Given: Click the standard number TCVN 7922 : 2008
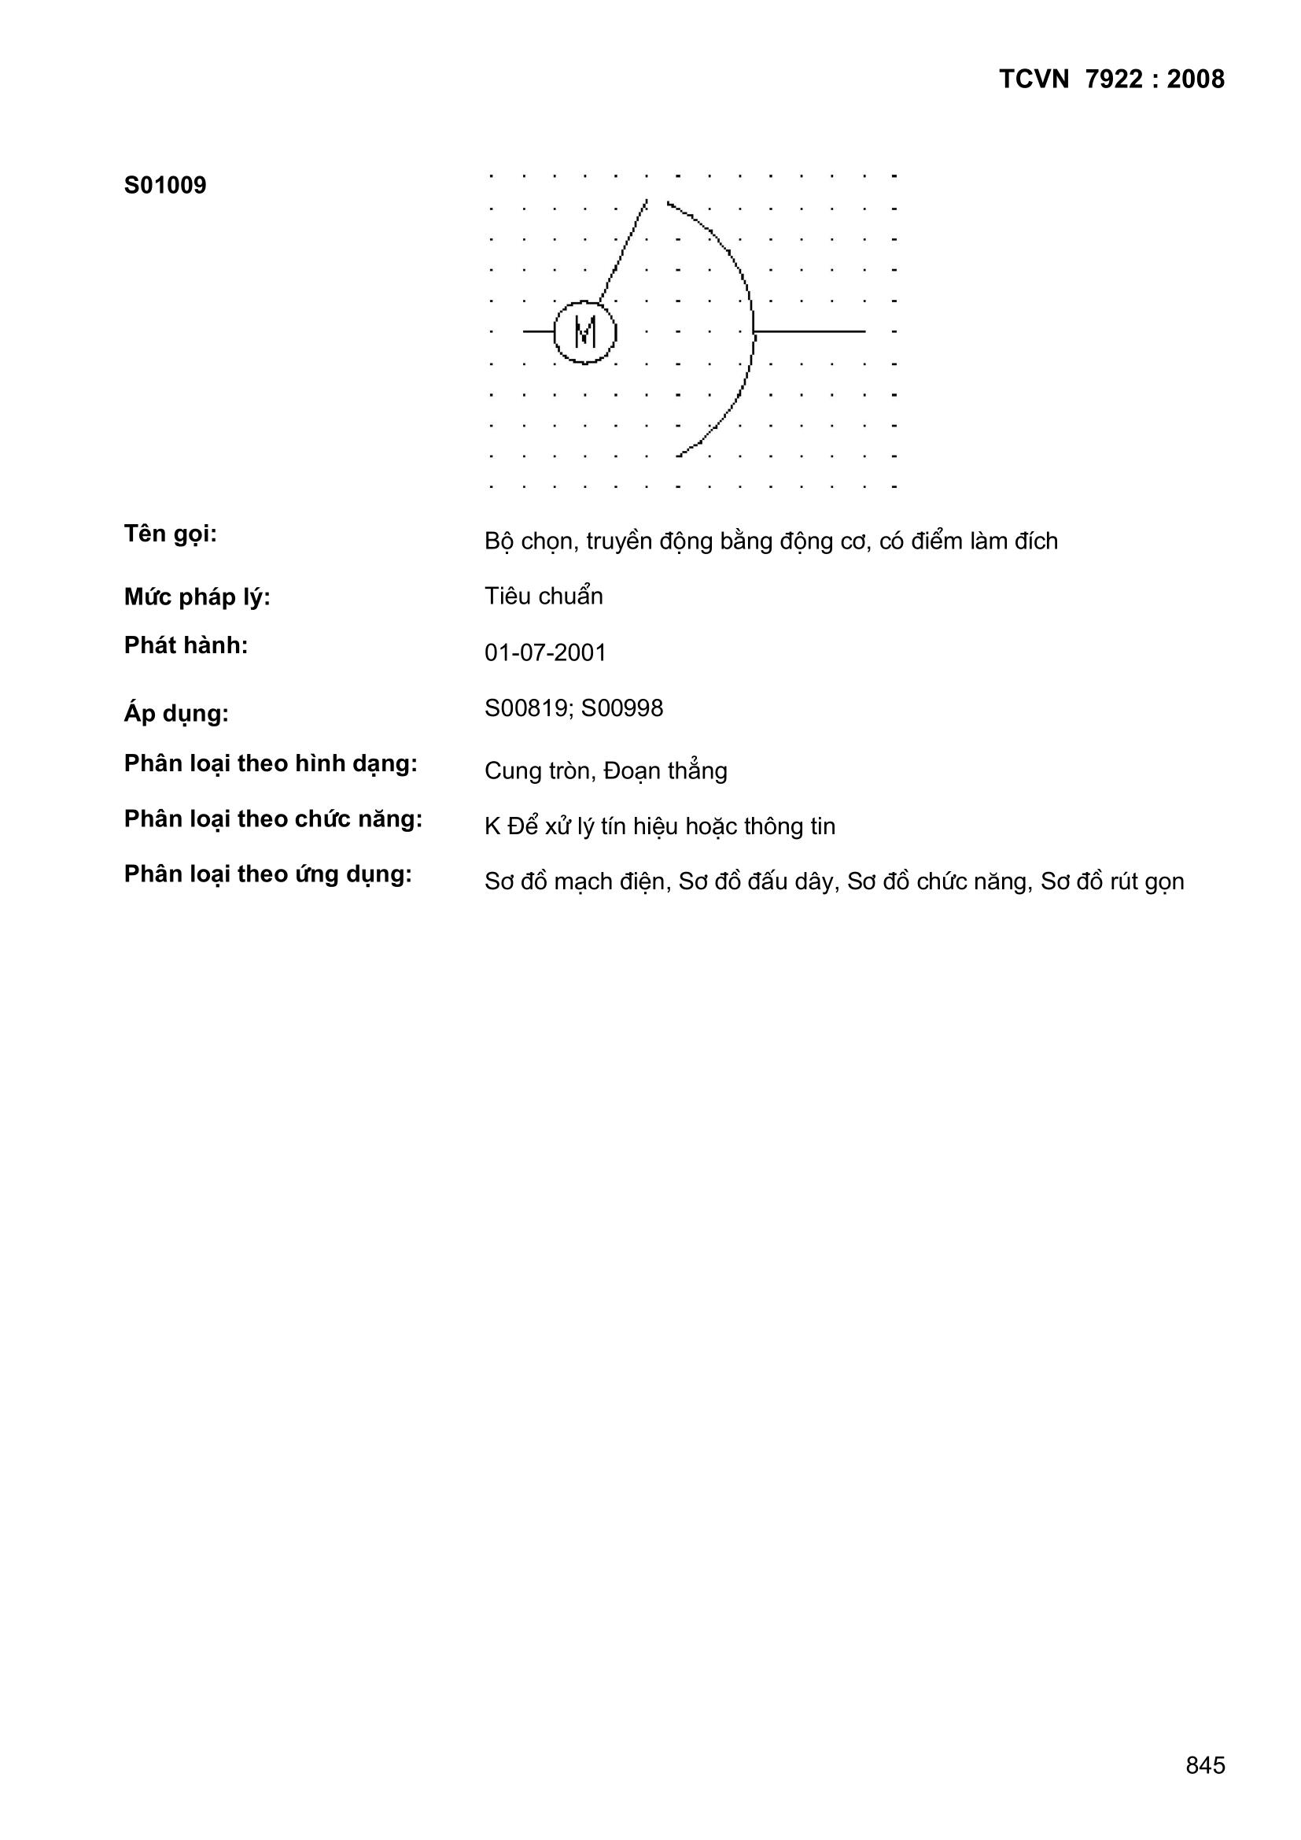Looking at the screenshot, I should [1111, 79].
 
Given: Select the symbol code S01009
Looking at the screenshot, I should [165, 185].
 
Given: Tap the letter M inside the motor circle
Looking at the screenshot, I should [586, 332].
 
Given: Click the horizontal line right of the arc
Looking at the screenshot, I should [809, 331].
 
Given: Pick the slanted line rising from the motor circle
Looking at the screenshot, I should [623, 250].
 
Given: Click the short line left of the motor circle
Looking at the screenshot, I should [538, 331].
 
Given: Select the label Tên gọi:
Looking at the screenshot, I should [171, 534].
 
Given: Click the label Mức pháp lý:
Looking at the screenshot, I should [197, 597].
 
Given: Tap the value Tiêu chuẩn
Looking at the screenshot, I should [544, 597].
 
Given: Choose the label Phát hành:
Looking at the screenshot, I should [186, 645].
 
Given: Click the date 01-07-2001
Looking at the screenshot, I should [545, 652].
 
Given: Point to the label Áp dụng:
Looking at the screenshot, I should [176, 712].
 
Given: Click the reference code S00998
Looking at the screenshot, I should [622, 708].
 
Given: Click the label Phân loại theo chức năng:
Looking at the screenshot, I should [273, 819].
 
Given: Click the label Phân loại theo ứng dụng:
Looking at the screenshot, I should [267, 874].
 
